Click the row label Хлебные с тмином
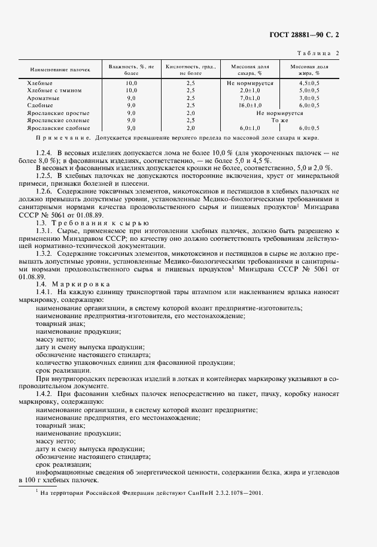coord(54,90)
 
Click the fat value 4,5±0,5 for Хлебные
coord(309,82)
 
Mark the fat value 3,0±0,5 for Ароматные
coord(309,97)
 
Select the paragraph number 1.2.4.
coord(45,152)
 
